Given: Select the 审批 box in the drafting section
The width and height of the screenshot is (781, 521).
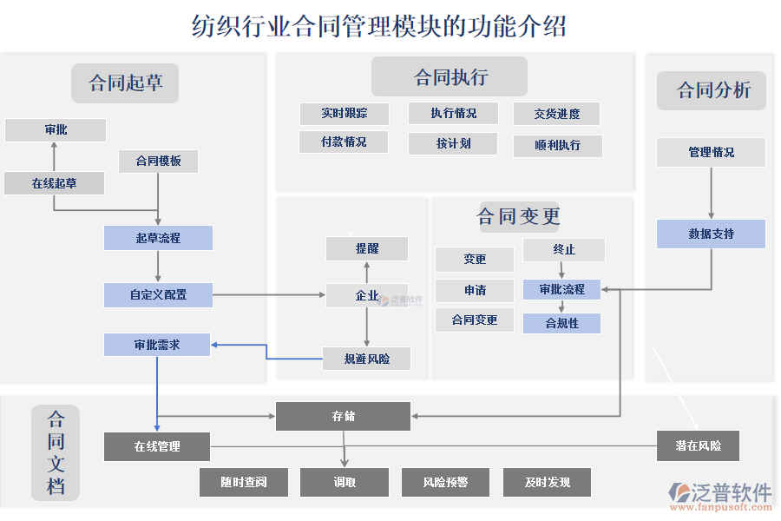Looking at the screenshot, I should click(56, 130).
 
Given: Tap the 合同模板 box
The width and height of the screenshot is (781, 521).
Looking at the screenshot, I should click(158, 162).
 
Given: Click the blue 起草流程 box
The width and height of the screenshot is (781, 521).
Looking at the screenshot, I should click(158, 238).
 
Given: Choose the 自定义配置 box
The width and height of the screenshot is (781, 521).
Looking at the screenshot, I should click(158, 295).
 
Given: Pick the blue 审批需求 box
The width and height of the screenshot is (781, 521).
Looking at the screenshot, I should click(157, 345).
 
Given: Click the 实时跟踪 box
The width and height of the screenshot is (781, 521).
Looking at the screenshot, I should click(344, 114).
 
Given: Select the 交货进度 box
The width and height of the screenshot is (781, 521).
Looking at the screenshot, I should click(557, 114).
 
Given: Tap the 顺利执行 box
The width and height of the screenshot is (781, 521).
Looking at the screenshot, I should click(557, 145).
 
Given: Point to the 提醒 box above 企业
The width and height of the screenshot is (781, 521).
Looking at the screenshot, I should click(366, 249).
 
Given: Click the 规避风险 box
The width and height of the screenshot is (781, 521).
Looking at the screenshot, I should click(366, 359).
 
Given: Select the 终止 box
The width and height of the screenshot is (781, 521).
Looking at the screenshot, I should click(563, 250).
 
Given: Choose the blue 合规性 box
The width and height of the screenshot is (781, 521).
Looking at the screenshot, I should click(561, 323).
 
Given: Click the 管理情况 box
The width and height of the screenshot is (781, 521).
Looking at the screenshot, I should click(711, 152).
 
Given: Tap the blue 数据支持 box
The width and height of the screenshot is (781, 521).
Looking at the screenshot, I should click(711, 234).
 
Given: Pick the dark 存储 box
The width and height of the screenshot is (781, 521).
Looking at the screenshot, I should click(343, 417).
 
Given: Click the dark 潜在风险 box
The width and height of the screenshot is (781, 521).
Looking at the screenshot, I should click(699, 446).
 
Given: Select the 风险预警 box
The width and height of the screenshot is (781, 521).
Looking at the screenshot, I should click(445, 483).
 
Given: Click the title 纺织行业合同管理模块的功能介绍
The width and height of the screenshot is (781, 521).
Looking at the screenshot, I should click(378, 26).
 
